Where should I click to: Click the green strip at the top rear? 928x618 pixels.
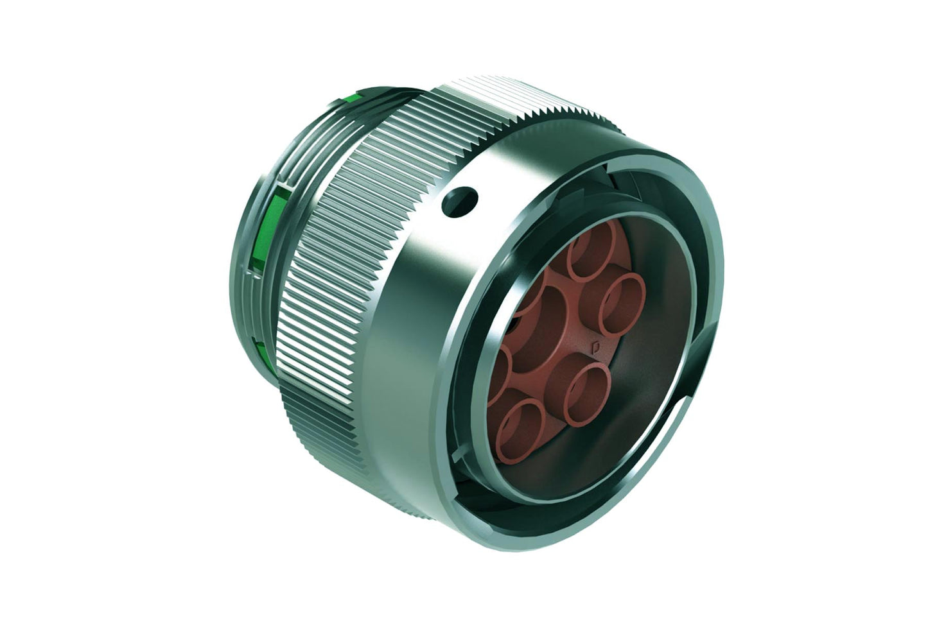(x=352, y=98)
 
